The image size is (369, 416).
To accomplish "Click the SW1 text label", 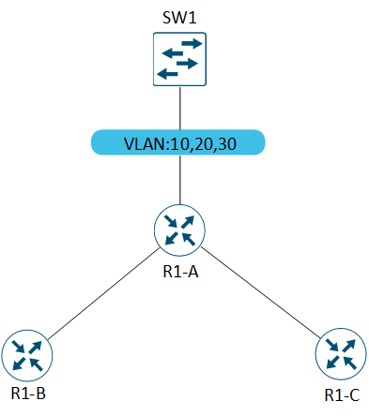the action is pos(179,18).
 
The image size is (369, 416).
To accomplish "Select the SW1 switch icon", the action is pos(179,59).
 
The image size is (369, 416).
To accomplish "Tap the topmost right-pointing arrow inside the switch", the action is pos(192,43).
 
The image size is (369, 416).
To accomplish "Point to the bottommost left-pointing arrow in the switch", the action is pos(167,74).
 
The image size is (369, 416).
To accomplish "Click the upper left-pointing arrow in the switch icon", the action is pos(173,53).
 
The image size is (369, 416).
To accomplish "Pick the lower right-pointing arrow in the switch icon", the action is pos(187,64).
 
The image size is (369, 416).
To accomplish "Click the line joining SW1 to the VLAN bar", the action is pos(180,108).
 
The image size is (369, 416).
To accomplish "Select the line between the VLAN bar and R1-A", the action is pos(180,180).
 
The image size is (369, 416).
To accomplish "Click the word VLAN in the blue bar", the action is pos(146,144).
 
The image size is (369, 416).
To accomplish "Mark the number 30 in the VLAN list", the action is pos(226,144).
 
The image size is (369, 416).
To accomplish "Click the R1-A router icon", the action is pos(179,230).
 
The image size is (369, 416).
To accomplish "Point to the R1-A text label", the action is pos(180,272).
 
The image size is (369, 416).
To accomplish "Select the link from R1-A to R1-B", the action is pos(103,294).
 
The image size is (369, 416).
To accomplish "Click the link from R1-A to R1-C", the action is pos(261,292).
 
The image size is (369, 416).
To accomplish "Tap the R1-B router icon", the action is pos(27,355).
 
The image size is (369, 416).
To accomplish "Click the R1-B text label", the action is pos(28,394).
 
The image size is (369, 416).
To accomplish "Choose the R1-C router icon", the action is pos(341,354).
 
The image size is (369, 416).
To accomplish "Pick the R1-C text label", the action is pos(342,395).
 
